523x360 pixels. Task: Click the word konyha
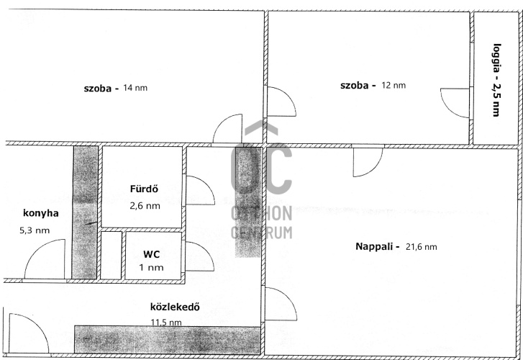pyautogui.click(x=41, y=214)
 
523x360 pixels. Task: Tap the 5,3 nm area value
pyautogui.click(x=35, y=230)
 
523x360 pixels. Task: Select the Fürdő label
pyautogui.click(x=144, y=189)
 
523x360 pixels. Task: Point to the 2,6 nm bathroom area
pyautogui.click(x=145, y=206)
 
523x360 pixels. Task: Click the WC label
pyautogui.click(x=151, y=254)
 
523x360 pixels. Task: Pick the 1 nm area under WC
pyautogui.click(x=151, y=268)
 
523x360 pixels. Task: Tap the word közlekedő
pyautogui.click(x=175, y=307)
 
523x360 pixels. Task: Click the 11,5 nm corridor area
pyautogui.click(x=166, y=323)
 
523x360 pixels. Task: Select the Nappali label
pyautogui.click(x=377, y=247)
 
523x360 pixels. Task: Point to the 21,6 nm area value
pyautogui.click(x=422, y=247)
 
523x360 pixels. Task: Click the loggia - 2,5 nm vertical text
pyautogui.click(x=496, y=80)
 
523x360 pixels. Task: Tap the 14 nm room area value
pyautogui.click(x=135, y=88)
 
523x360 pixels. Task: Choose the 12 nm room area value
pyautogui.click(x=394, y=85)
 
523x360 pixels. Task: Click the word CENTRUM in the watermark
pyautogui.click(x=262, y=233)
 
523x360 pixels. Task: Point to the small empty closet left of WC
pyautogui.click(x=111, y=255)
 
